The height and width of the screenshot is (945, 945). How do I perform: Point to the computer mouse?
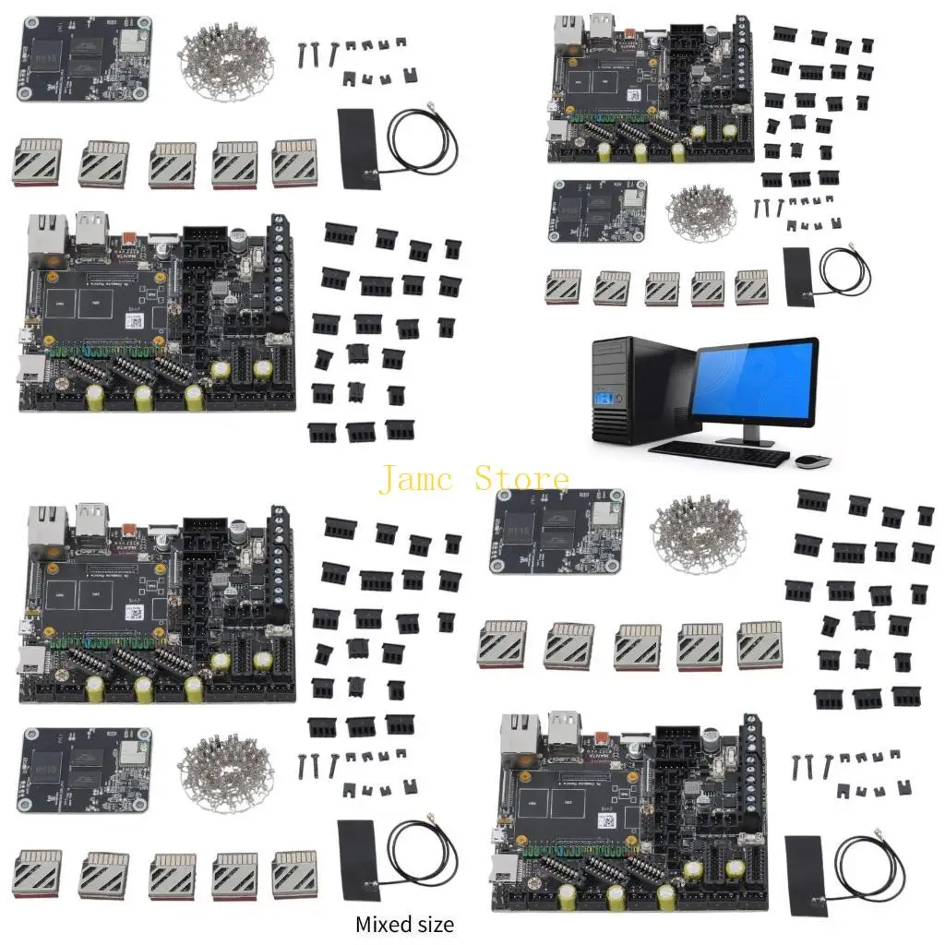(x=811, y=459)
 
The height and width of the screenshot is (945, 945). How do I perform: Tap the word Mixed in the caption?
(x=382, y=924)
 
